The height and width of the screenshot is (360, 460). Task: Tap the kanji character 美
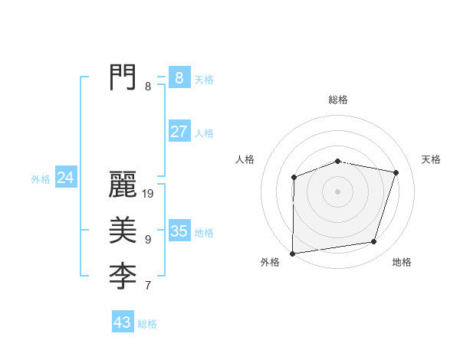click(x=123, y=229)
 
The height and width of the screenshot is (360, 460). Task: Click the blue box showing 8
click(x=179, y=77)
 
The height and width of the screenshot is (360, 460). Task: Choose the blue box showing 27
click(x=179, y=131)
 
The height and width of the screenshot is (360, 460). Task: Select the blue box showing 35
click(x=179, y=231)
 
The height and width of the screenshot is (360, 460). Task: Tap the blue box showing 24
click(x=65, y=178)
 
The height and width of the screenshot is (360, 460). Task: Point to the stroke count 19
click(x=149, y=195)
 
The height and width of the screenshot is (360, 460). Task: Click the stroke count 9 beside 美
click(x=148, y=240)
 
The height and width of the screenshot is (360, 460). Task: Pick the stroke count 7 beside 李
click(x=148, y=286)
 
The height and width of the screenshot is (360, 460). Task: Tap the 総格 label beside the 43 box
click(x=147, y=324)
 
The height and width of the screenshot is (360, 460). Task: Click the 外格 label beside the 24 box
click(x=41, y=179)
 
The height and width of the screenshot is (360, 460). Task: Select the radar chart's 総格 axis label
click(x=338, y=100)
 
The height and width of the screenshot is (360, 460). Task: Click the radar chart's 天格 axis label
click(x=432, y=159)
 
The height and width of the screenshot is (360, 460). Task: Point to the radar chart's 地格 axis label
click(x=402, y=262)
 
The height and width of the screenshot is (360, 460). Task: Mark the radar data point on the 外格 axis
click(x=292, y=254)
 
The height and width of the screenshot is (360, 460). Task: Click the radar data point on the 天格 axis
click(x=396, y=172)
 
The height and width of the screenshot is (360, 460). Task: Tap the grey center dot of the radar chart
click(x=338, y=191)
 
